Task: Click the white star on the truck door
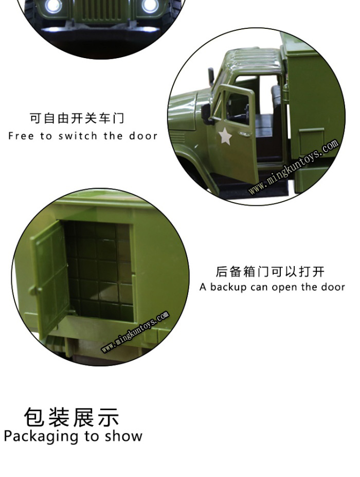pos(225,136)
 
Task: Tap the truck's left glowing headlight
pos(53,5)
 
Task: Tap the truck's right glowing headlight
pos(150,5)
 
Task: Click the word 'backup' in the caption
pos(228,287)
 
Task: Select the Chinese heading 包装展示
pos(72,417)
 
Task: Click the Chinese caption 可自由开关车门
pos(77,118)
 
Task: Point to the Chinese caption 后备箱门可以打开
pos(271,271)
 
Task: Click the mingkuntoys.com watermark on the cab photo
pos(294,166)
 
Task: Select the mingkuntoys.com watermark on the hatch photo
pos(135,331)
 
